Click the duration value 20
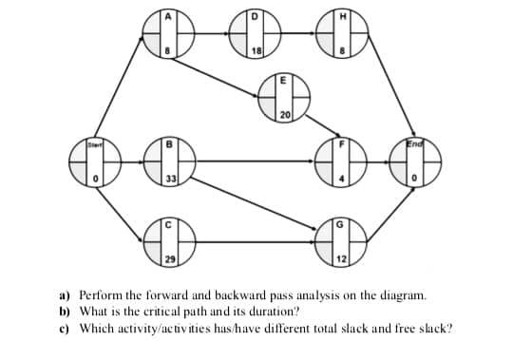point(285,115)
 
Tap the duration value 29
point(168,259)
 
